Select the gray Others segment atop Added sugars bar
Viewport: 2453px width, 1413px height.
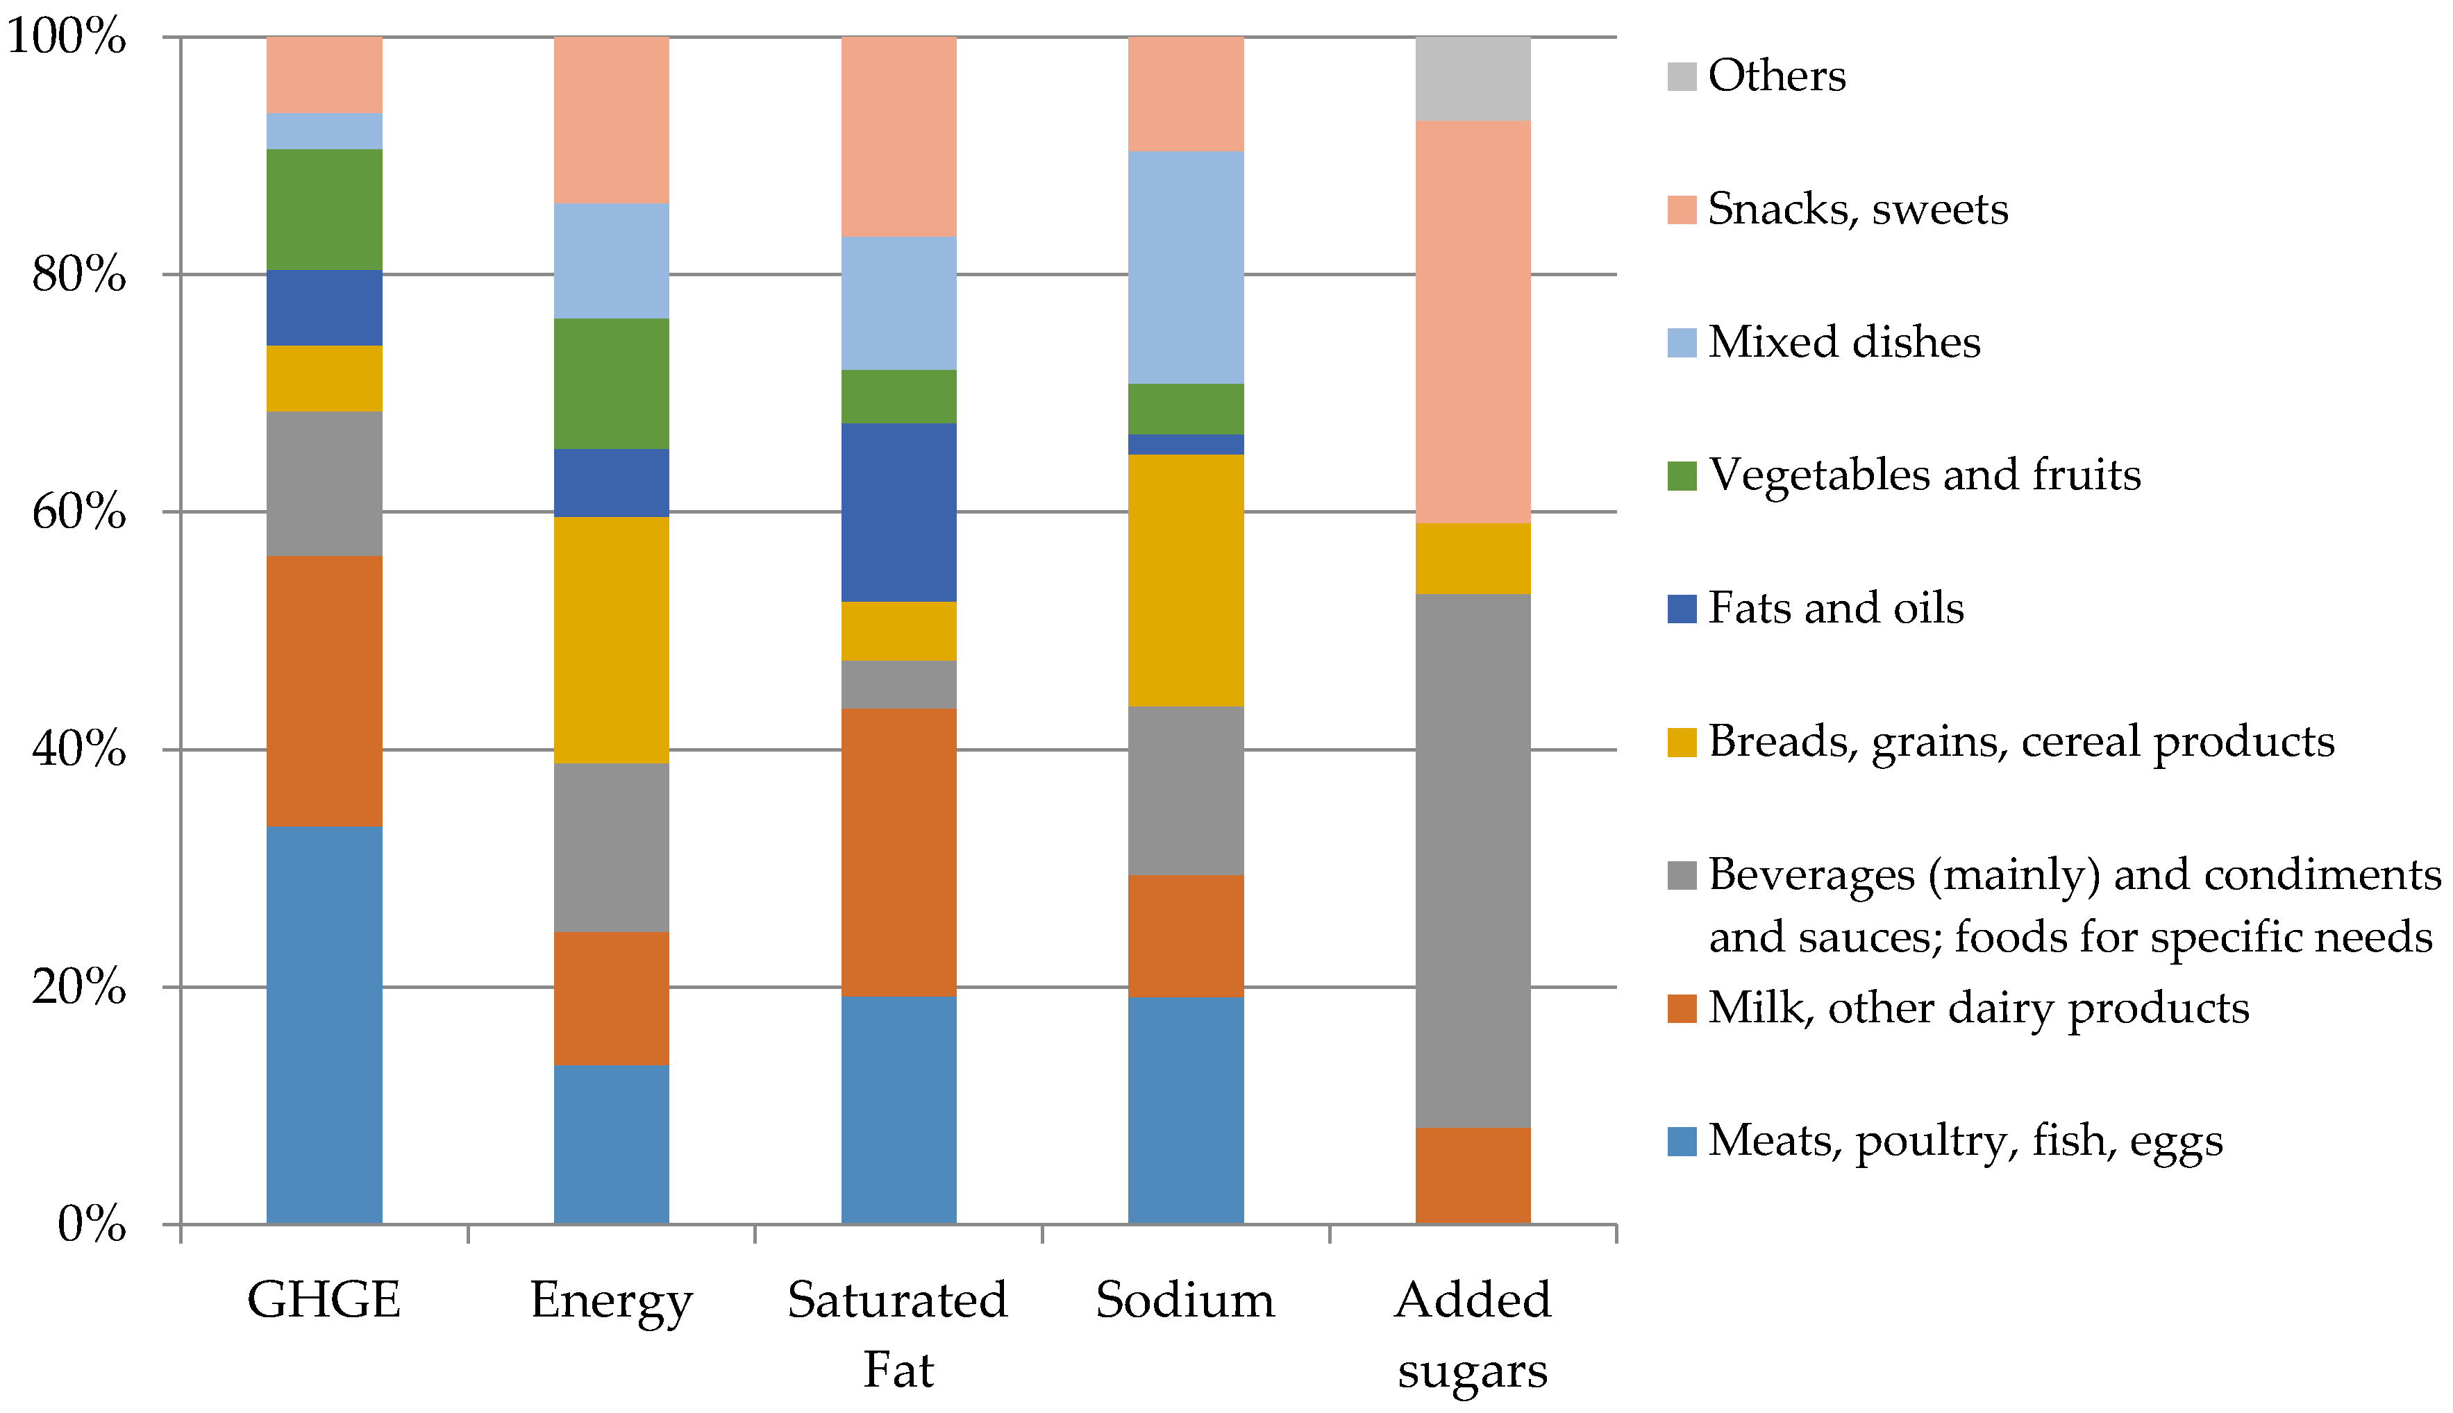click(1473, 78)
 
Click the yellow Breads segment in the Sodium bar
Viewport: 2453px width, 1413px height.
click(1185, 579)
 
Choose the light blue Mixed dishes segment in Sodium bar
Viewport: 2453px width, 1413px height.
click(1185, 267)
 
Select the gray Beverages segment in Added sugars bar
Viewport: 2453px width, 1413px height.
click(1473, 859)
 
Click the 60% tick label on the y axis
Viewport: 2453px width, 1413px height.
click(78, 511)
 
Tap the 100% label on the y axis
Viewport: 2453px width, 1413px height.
click(66, 37)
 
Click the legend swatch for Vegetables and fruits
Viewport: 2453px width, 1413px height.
click(1682, 475)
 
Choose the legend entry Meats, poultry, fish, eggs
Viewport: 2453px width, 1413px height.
click(1965, 1140)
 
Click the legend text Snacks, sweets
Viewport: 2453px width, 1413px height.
click(1857, 209)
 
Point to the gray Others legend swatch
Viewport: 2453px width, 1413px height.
click(1682, 76)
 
